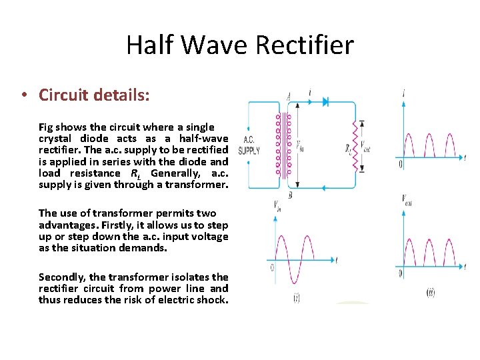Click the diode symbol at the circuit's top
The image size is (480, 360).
pos(326,101)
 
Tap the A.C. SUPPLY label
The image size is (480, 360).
pos(249,146)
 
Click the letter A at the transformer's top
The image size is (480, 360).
pos(288,95)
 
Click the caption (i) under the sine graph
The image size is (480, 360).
pos(296,298)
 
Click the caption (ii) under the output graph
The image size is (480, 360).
pos(431,293)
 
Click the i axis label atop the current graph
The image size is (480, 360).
pos(405,94)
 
